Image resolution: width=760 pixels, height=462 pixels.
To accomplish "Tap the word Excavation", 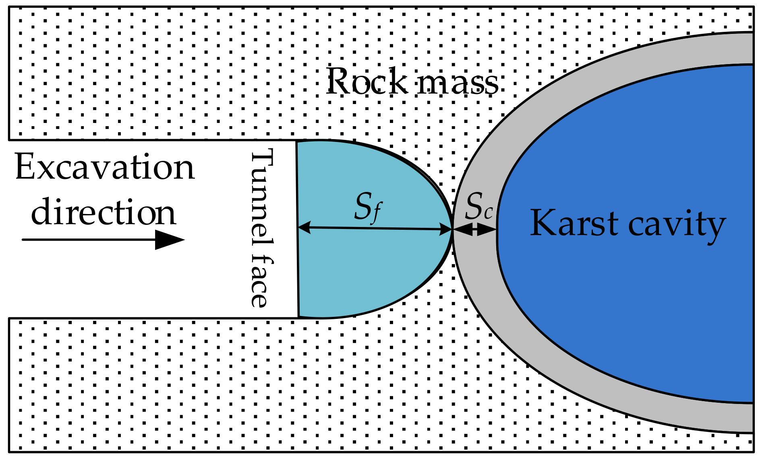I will click(105, 168).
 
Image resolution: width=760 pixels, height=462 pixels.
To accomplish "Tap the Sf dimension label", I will click(368, 207).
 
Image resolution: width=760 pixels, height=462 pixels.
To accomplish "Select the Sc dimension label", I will click(478, 207).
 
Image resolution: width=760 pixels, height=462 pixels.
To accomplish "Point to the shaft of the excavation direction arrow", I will click(89, 240).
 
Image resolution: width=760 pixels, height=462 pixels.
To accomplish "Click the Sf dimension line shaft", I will click(375, 229).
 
